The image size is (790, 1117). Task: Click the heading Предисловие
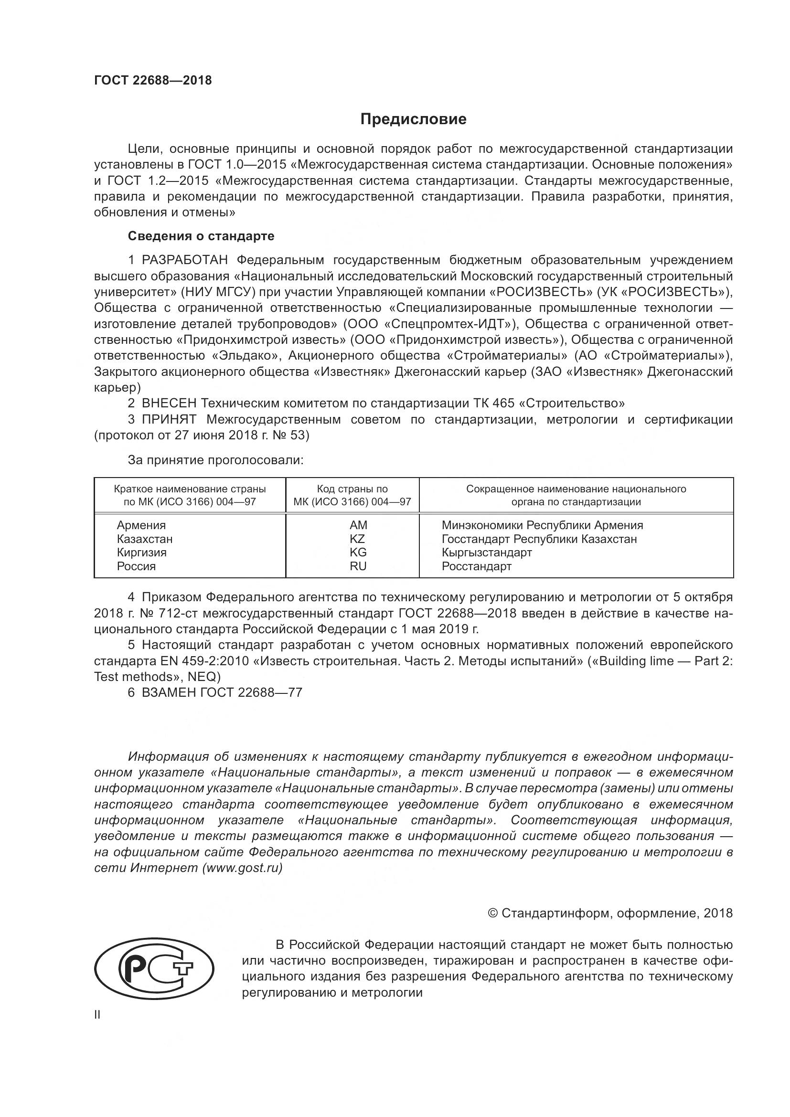tap(413, 119)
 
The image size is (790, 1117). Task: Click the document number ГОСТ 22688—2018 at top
tap(153, 80)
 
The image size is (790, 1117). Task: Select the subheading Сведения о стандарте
tap(201, 236)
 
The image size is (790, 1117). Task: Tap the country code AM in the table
tap(358, 525)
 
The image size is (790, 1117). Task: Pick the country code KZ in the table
tap(357, 539)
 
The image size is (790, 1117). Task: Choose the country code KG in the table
tap(358, 552)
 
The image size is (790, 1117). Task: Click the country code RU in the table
tap(358, 566)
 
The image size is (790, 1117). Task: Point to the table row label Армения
tap(141, 525)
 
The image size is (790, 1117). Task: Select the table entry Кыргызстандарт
tap(486, 552)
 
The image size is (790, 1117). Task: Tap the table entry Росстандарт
tap(476, 566)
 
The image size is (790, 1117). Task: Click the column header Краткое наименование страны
tap(190, 489)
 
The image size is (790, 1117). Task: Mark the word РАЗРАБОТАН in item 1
tap(184, 260)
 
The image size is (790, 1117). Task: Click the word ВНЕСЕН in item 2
tap(169, 403)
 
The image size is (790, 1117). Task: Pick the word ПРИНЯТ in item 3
tap(169, 419)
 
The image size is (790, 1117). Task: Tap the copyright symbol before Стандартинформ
tap(492, 913)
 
